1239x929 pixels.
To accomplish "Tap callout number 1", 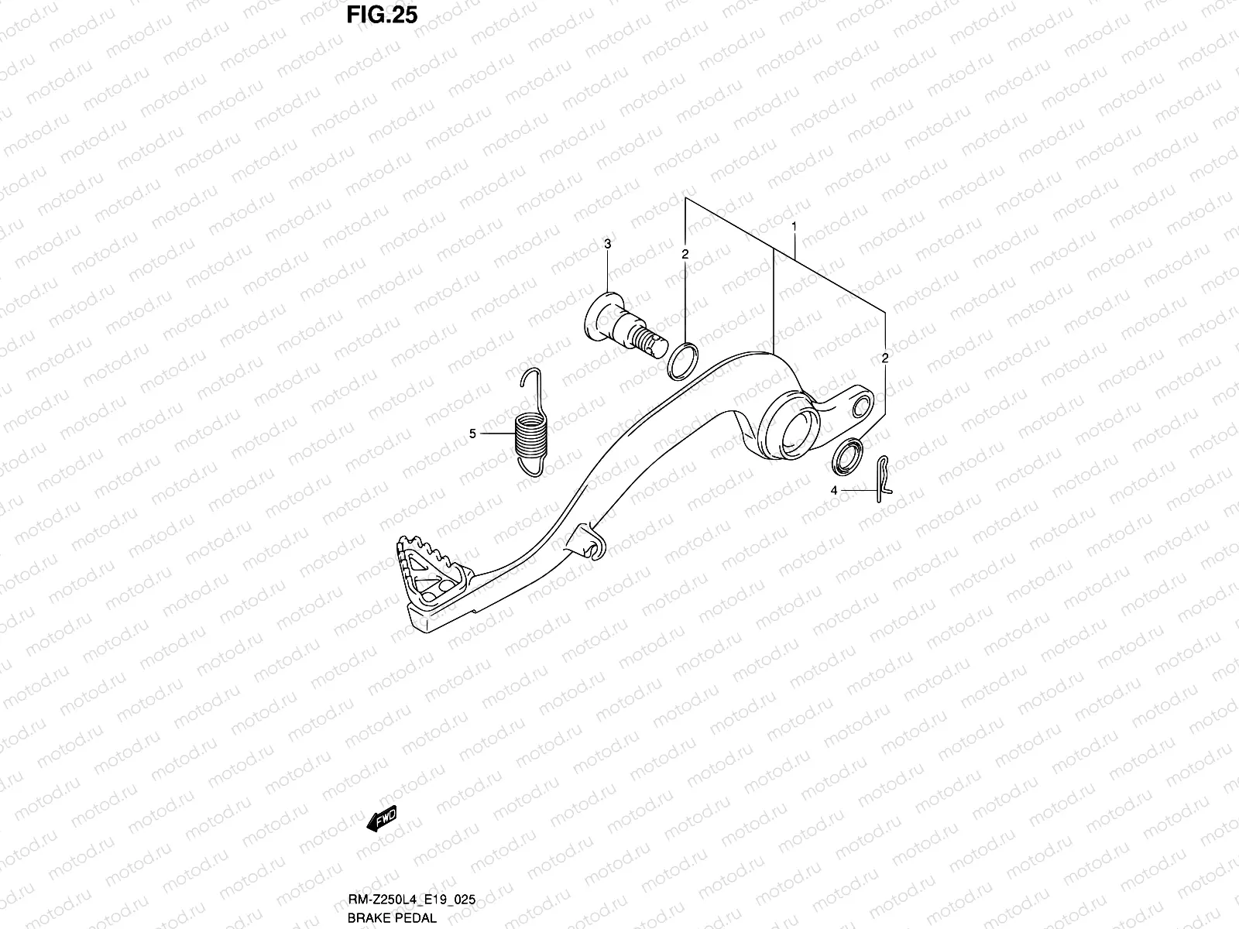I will tap(794, 227).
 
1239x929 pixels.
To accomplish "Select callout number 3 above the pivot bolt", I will tap(608, 245).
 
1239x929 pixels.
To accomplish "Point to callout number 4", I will tap(834, 490).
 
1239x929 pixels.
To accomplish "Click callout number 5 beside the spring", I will tap(473, 434).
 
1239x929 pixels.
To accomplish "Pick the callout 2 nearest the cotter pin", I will tap(884, 358).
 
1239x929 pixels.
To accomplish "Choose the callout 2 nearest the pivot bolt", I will tap(685, 253).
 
